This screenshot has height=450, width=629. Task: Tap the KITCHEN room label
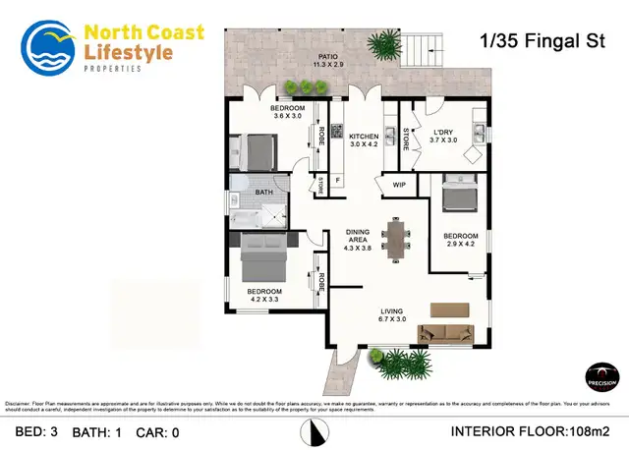click(x=364, y=137)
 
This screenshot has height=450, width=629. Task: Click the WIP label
click(x=399, y=185)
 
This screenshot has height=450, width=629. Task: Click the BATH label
click(x=264, y=193)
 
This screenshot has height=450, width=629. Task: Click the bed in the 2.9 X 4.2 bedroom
click(x=460, y=194)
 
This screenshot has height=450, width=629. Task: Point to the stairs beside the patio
click(x=425, y=46)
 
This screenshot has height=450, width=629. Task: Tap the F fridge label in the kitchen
click(x=338, y=181)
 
